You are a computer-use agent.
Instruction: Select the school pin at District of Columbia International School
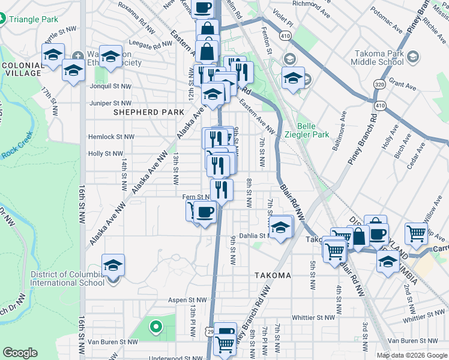click(x=113, y=265)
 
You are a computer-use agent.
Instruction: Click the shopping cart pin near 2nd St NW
click(x=416, y=234)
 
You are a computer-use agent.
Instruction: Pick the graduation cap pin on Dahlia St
click(x=280, y=227)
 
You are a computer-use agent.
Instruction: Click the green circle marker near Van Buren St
click(x=156, y=327)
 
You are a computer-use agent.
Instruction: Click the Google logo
click(x=20, y=353)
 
